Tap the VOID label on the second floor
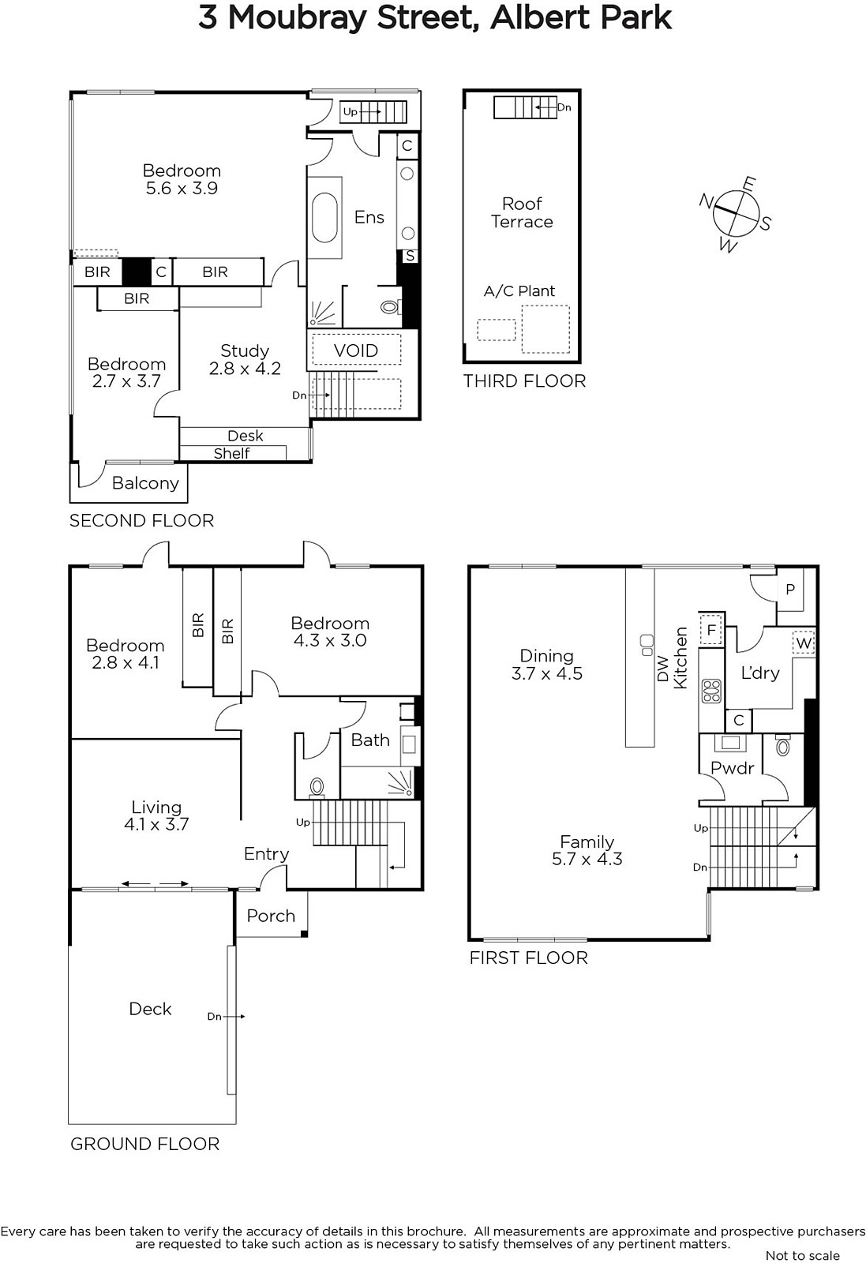pyautogui.click(x=356, y=350)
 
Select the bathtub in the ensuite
pyautogui.click(x=324, y=218)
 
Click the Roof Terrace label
pyautogui.click(x=522, y=212)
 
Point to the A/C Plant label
pyautogui.click(x=519, y=291)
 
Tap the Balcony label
pyautogui.click(x=145, y=483)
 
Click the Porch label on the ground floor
pyautogui.click(x=272, y=916)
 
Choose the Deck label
pyautogui.click(x=150, y=1009)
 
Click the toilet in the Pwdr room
pyautogui.click(x=782, y=746)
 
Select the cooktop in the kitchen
pyautogui.click(x=711, y=691)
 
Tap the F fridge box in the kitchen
pyautogui.click(x=711, y=629)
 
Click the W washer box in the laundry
pyautogui.click(x=804, y=643)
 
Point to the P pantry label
pyautogui.click(x=790, y=590)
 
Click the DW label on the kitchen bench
pyautogui.click(x=663, y=669)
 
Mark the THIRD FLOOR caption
pyautogui.click(x=524, y=381)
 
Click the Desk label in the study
pyautogui.click(x=246, y=436)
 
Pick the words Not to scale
pyautogui.click(x=802, y=1255)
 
